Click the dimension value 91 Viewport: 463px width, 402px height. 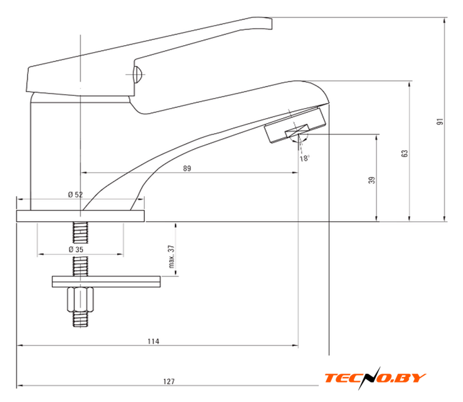click(x=440, y=121)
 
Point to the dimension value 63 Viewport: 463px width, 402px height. click(x=405, y=153)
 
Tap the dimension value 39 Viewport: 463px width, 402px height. click(x=372, y=180)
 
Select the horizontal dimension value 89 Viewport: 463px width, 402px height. click(x=187, y=168)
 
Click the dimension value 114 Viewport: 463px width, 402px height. click(x=153, y=342)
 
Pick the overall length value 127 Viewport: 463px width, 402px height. click(x=169, y=382)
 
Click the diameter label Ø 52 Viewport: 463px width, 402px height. click(x=75, y=195)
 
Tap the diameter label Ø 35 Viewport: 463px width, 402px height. click(x=76, y=249)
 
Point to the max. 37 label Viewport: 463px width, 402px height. click(x=171, y=256)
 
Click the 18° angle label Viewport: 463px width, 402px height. click(x=305, y=158)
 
